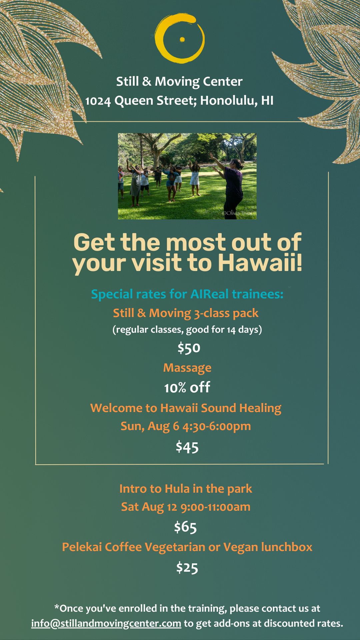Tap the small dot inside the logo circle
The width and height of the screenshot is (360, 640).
182,39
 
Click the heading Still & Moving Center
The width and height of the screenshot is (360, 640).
179,82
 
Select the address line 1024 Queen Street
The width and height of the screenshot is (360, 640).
179,101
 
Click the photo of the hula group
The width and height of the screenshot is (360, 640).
187,176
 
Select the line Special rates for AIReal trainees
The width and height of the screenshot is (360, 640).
187,294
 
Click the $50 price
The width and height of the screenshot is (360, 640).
189,348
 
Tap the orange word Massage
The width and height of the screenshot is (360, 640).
187,368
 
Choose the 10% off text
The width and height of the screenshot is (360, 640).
187,388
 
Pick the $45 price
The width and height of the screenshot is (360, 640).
187,447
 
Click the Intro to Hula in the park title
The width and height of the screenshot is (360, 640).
186,489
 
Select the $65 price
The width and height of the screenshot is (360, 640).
185,527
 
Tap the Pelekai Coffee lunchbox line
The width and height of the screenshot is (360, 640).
187,547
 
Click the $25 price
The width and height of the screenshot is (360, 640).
187,567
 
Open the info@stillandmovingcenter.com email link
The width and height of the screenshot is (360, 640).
106,623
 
